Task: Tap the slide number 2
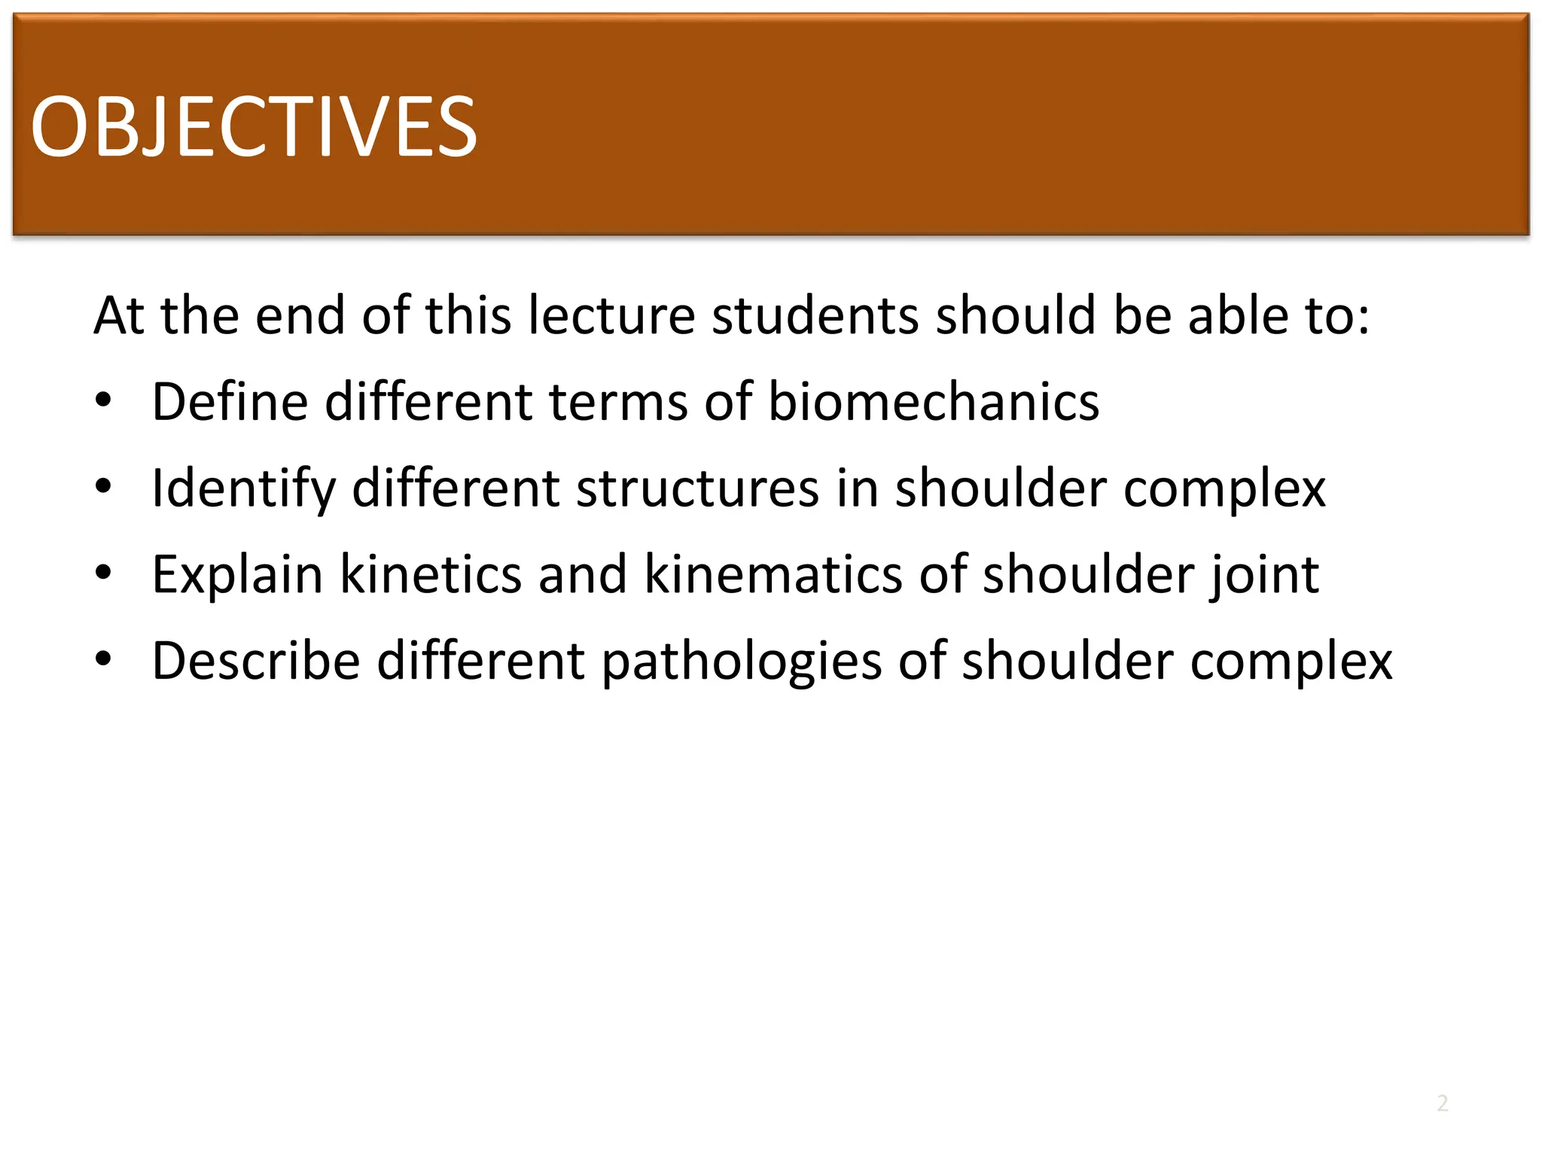pyautogui.click(x=1442, y=1103)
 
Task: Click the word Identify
pyautogui.click(x=242, y=489)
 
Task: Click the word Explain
pyautogui.click(x=237, y=576)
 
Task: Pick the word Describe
pyautogui.click(x=255, y=661)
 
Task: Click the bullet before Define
pyautogui.click(x=103, y=400)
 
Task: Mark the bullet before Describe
pyautogui.click(x=103, y=660)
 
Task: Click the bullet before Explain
pyautogui.click(x=103, y=573)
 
